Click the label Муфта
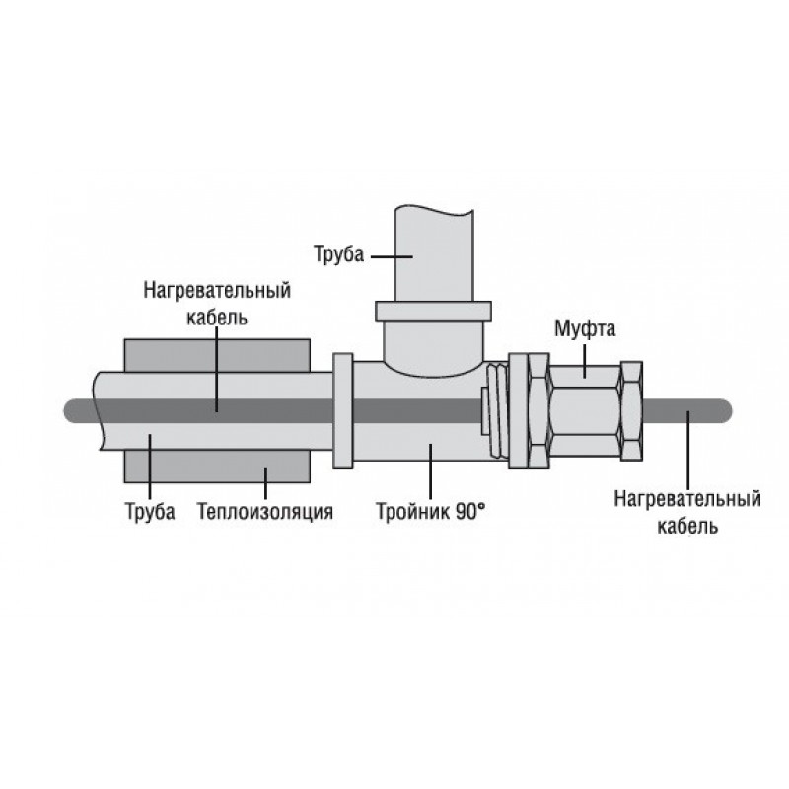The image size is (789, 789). point(585,329)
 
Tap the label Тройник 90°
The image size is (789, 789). point(431,512)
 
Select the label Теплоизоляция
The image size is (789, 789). point(265,512)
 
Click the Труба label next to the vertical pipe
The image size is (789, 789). point(338,254)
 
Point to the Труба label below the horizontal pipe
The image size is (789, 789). point(150,512)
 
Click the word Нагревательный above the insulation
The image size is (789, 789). point(217,290)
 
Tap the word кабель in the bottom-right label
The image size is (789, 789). point(687,527)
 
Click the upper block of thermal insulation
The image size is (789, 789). point(217,355)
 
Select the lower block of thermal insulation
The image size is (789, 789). point(217,466)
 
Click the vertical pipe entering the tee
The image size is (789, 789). point(434,253)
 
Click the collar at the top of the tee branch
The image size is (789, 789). point(433,311)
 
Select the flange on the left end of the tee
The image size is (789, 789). point(343,411)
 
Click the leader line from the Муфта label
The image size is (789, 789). point(585,360)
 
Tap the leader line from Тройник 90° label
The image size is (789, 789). point(430,471)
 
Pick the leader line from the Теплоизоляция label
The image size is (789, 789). point(265,483)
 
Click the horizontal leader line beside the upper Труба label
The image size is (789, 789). point(392,256)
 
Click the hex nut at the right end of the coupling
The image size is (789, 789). point(631,411)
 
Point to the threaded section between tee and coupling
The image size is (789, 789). point(497,411)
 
